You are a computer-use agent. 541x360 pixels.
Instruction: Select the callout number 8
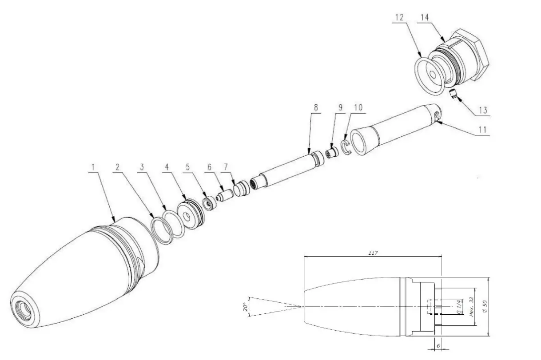316,107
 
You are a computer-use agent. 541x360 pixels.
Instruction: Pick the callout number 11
482,130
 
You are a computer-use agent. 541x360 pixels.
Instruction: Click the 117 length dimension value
372,253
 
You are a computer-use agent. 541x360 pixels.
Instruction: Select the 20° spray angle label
245,307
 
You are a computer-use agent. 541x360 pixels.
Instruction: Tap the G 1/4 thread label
457,307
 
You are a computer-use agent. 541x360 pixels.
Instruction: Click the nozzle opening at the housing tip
23,308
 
